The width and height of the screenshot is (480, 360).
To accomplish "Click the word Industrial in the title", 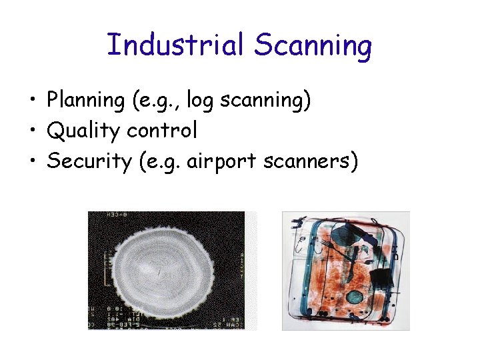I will click(176, 46).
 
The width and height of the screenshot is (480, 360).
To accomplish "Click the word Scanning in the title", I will click(313, 46).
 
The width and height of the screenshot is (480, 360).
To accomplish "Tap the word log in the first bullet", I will click(199, 101).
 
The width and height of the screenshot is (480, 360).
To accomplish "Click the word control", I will click(162, 130).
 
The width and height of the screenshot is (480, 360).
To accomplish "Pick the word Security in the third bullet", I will click(89, 161).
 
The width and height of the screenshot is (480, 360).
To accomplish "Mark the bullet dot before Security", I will click(32, 162).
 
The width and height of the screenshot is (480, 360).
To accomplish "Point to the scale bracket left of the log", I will click(105, 267).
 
